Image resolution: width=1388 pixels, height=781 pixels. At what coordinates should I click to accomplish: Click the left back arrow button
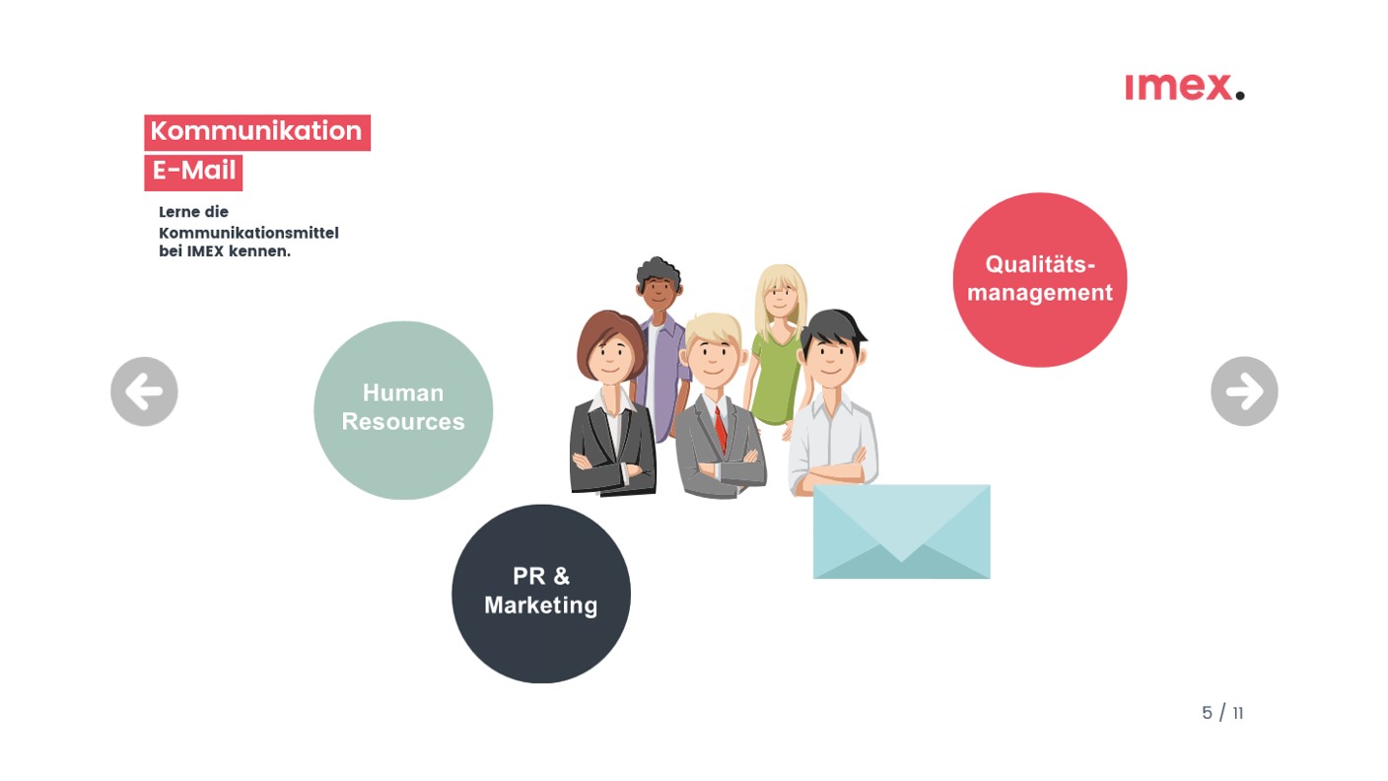[144, 391]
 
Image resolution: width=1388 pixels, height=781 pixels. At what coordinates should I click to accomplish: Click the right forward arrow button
[1244, 391]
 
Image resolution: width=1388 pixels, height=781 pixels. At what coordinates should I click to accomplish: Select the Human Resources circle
[403, 409]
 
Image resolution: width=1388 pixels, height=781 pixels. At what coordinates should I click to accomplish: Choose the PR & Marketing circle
[541, 594]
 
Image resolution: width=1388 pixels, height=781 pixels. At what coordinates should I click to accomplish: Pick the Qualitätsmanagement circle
[1040, 279]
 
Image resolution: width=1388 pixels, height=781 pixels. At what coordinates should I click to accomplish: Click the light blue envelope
[902, 532]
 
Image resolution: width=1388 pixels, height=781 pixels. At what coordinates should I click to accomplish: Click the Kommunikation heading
[257, 132]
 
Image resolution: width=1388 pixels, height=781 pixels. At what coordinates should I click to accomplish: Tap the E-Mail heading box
[193, 173]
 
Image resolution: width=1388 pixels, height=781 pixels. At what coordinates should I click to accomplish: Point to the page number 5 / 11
[1222, 713]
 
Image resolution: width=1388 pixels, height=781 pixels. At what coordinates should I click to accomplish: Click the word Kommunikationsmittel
[248, 233]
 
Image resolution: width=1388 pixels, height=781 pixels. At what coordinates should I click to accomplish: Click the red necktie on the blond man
[720, 430]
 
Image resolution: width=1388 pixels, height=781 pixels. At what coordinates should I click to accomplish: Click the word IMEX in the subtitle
[205, 251]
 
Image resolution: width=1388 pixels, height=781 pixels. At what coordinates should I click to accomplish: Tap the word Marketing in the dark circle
[541, 605]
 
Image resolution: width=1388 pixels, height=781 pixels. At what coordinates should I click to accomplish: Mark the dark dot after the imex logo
[1239, 95]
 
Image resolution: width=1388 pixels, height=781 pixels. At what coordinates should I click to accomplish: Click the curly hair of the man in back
[659, 270]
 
